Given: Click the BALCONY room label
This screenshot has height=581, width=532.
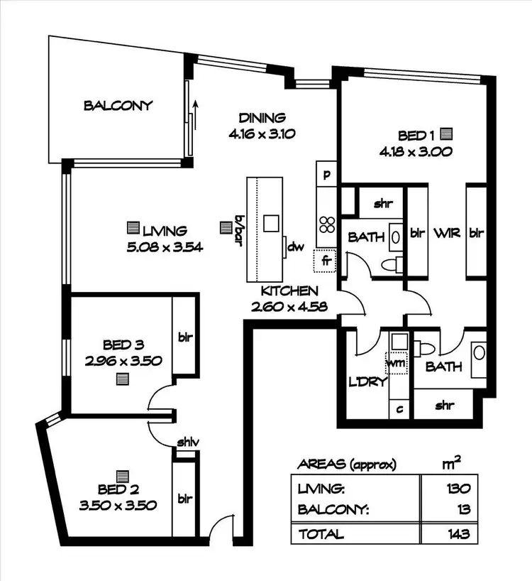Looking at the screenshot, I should (118, 106).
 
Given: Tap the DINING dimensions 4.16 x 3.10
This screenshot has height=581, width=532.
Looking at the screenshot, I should (262, 133).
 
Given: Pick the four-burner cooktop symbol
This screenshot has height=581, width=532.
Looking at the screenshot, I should (326, 224).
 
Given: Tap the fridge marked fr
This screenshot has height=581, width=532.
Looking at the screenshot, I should (326, 261).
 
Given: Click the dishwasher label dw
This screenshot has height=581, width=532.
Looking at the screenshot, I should (296, 247).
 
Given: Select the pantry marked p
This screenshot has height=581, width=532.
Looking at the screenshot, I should (327, 174).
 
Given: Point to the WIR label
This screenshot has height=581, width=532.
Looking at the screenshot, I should (445, 233).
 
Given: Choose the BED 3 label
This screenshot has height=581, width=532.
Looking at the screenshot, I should (122, 345).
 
